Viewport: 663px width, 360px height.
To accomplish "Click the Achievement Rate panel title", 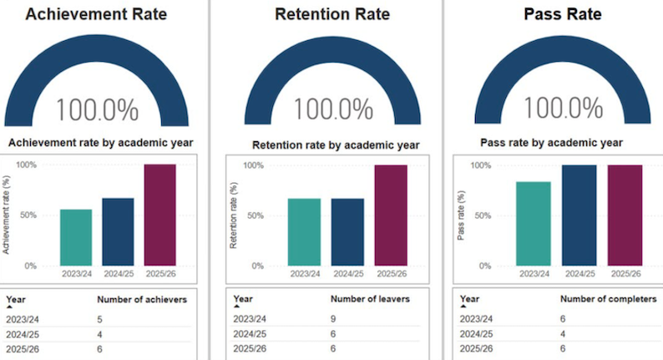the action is click(96, 14).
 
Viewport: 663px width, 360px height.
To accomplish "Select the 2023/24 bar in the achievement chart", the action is click(76, 237).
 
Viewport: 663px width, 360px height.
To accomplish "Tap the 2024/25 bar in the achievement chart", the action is click(118, 232).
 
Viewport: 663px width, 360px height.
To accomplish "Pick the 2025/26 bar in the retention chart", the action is click(391, 215).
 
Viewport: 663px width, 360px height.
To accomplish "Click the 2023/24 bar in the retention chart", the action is click(304, 232).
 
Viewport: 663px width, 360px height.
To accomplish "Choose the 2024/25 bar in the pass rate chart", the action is click(579, 215).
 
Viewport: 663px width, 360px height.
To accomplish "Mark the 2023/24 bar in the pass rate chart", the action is click(534, 224).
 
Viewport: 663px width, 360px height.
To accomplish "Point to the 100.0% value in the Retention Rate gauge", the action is click(333, 109).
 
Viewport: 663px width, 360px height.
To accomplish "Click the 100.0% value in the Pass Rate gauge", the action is click(563, 108).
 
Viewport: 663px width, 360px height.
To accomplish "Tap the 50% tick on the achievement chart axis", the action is click(28, 215).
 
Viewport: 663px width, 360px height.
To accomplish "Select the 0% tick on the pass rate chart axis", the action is click(485, 266).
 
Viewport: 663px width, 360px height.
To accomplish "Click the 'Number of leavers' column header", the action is click(370, 299).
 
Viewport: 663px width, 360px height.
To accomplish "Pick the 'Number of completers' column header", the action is click(609, 299).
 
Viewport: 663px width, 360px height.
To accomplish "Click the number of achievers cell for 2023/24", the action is click(100, 319).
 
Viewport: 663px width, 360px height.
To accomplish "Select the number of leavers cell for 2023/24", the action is click(333, 319).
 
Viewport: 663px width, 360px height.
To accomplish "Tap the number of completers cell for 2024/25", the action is click(563, 334).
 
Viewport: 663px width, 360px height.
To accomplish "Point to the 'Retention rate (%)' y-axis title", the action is click(234, 215).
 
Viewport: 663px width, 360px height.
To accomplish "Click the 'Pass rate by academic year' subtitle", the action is click(551, 143).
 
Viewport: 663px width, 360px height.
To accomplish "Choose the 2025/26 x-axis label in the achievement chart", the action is click(160, 274).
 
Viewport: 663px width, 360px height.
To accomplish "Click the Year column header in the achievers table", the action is click(16, 300).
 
